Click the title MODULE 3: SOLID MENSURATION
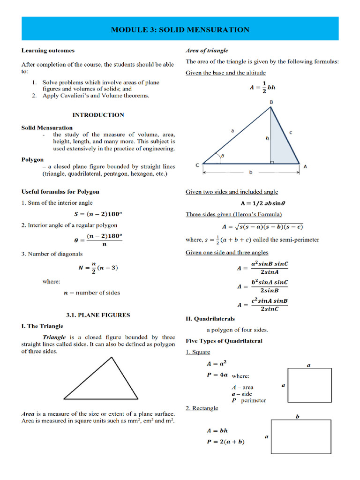coord(180,30)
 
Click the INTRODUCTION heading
coord(98,115)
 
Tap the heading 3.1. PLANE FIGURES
coord(98,315)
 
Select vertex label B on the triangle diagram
coord(271,102)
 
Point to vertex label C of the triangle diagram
coord(197,165)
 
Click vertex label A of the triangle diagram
coord(305,166)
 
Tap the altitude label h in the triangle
coord(267,138)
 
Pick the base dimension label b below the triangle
coord(251,172)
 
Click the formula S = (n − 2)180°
coord(98,214)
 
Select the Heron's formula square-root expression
coord(262,226)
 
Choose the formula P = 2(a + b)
coord(225,442)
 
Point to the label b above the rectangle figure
coord(297,416)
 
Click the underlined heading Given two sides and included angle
coord(232,192)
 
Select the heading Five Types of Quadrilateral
coord(224,341)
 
